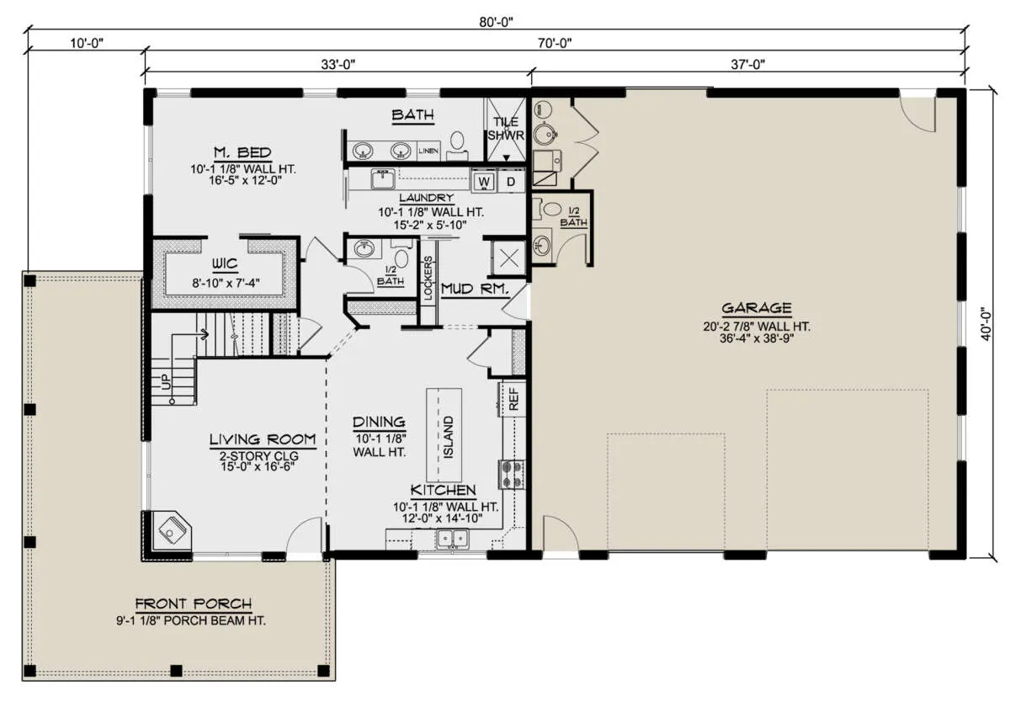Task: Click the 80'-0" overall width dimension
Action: click(496, 22)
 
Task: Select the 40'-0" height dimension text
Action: click(986, 324)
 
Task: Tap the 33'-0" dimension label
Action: click(338, 65)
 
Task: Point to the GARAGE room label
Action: click(757, 308)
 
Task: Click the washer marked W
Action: click(483, 182)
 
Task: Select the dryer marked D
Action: click(511, 182)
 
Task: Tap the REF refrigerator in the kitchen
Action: click(513, 400)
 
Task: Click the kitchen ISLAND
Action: click(444, 435)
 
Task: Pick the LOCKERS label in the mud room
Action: click(428, 278)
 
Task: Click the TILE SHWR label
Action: click(506, 129)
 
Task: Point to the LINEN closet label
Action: click(428, 151)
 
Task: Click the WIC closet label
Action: click(225, 263)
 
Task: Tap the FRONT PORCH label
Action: click(194, 604)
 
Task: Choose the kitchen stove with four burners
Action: click(512, 474)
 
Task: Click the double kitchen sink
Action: click(452, 540)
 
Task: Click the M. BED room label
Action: click(242, 153)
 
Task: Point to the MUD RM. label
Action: click(476, 289)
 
